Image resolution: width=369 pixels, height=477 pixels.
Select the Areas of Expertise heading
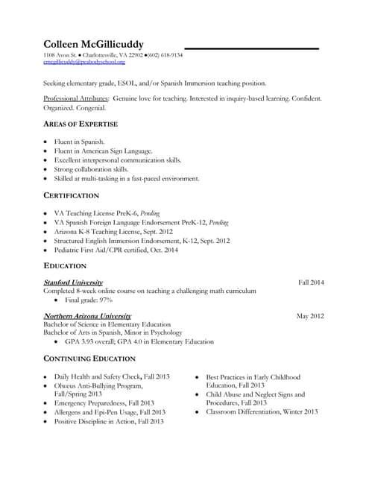click(81, 123)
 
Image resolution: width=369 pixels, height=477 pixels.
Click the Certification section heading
click(72, 195)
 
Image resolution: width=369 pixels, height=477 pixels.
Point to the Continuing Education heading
click(89, 358)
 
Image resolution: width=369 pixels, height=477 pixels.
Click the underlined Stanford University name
click(73, 282)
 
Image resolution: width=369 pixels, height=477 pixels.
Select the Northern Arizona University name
click(87, 316)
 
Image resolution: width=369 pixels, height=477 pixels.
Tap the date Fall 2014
click(311, 282)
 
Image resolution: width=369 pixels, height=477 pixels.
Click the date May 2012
click(310, 316)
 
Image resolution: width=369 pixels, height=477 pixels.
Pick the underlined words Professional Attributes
click(76, 98)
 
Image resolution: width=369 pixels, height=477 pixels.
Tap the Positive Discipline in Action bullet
click(109, 421)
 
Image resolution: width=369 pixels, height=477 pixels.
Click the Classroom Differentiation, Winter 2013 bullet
click(262, 411)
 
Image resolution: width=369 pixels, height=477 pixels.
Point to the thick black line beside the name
click(251, 49)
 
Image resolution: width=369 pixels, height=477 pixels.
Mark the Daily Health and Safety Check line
click(112, 377)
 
